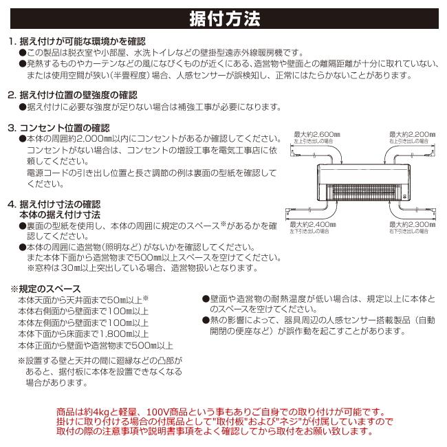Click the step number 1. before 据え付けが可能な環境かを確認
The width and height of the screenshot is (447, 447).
tap(11, 41)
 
